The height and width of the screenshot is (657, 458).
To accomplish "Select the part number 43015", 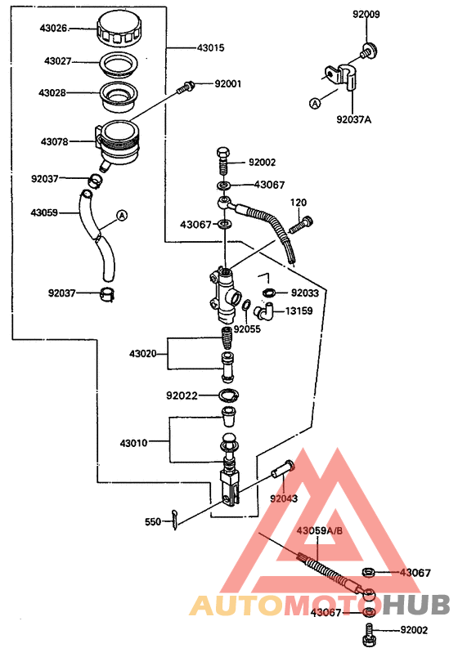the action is pos(211,47).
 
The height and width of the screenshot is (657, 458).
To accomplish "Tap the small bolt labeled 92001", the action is pos(185,87).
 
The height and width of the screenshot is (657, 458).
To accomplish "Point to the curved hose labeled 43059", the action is pos(97,235).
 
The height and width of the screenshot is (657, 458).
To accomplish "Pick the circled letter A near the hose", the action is pos(122,216).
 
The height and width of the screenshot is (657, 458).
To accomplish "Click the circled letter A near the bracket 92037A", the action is pos(315,103).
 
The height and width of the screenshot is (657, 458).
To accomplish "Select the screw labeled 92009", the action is pos(367,51).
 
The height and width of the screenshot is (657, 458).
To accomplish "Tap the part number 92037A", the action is pos(354,120).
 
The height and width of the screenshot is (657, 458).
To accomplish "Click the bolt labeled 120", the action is pos(302,225).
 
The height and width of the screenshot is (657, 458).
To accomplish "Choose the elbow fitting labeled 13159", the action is pos(263,310).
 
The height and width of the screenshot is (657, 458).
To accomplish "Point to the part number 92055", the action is pos(247,329).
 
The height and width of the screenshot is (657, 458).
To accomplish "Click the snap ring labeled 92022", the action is pos(229,395).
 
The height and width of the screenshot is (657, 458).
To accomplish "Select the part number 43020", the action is pos(142,354).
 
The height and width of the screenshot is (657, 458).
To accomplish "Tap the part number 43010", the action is pos(134,443).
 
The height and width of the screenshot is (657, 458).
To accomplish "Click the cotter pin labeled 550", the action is pos(175,520).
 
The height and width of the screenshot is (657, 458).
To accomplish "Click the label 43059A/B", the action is pos(320,530).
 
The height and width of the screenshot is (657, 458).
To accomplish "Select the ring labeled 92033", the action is pos(269,292).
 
